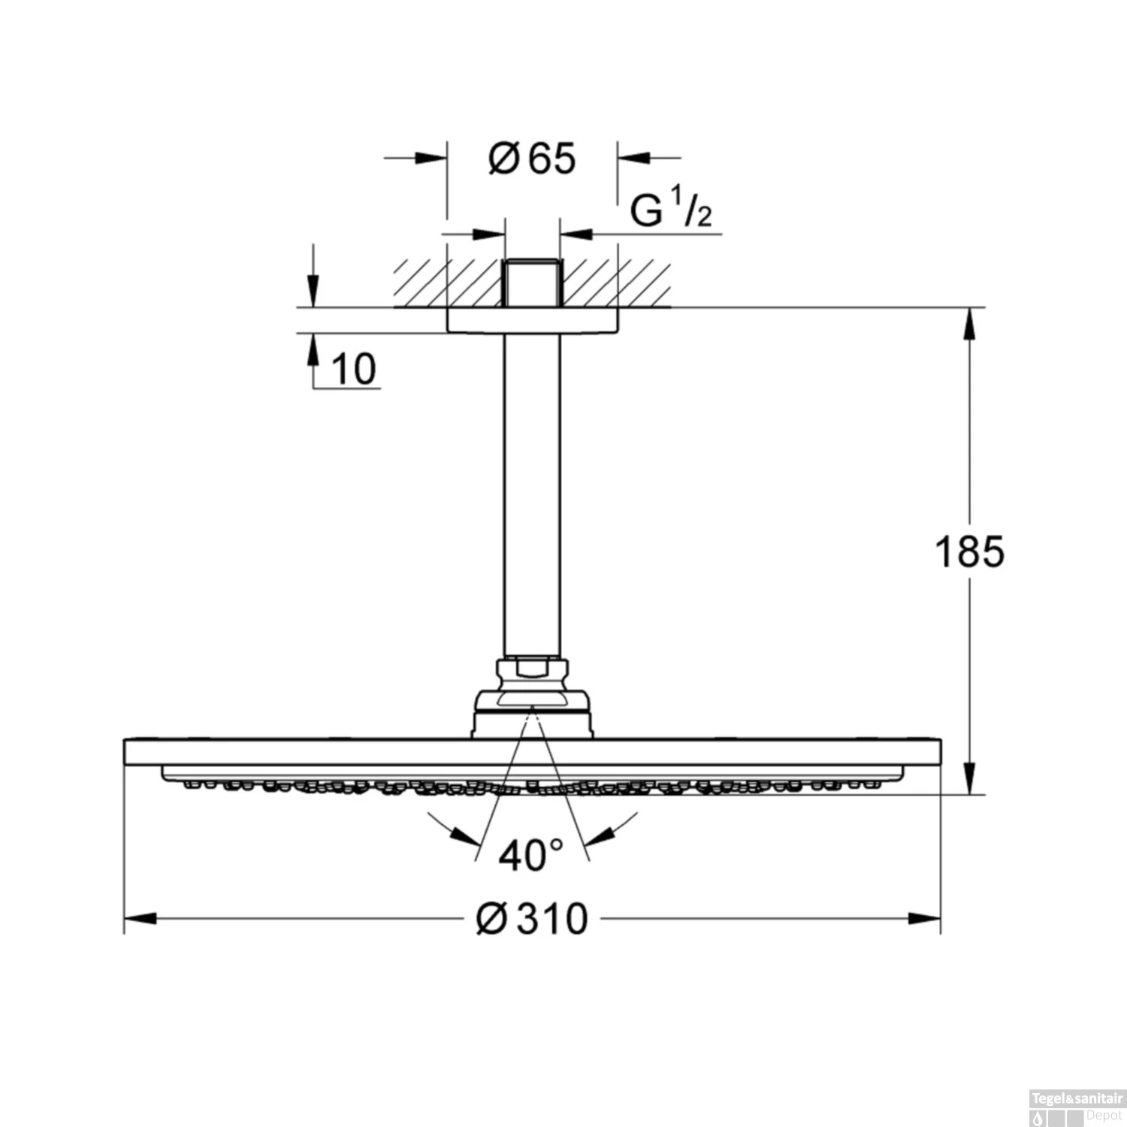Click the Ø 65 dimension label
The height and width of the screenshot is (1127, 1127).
pyautogui.click(x=532, y=159)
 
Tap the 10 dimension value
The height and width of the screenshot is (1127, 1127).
pyautogui.click(x=353, y=370)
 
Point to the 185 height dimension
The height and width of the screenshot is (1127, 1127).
pyautogui.click(x=969, y=552)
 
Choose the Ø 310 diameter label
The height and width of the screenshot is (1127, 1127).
pyautogui.click(x=532, y=919)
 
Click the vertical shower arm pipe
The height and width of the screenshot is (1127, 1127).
pyautogui.click(x=532, y=496)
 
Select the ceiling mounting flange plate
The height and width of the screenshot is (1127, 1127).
pyautogui.click(x=532, y=320)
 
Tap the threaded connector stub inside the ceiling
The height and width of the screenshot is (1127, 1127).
pyautogui.click(x=532, y=283)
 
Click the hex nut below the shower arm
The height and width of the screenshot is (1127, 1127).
pyautogui.click(x=532, y=669)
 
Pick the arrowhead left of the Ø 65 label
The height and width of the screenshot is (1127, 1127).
pyautogui.click(x=431, y=159)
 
